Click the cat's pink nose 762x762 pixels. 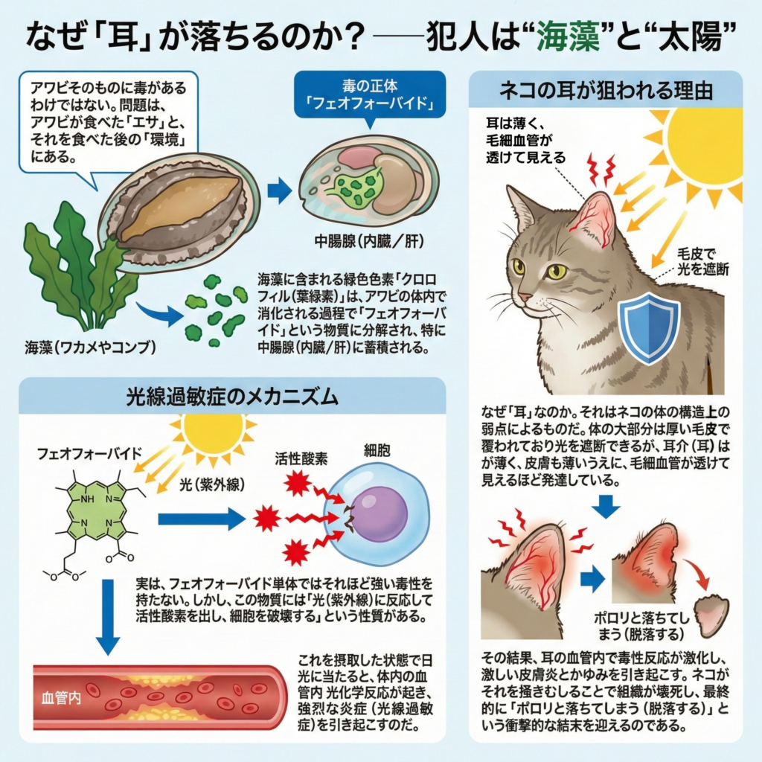(x=524, y=297)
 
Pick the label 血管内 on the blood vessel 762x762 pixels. (x=61, y=699)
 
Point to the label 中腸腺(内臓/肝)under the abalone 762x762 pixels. (x=360, y=242)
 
